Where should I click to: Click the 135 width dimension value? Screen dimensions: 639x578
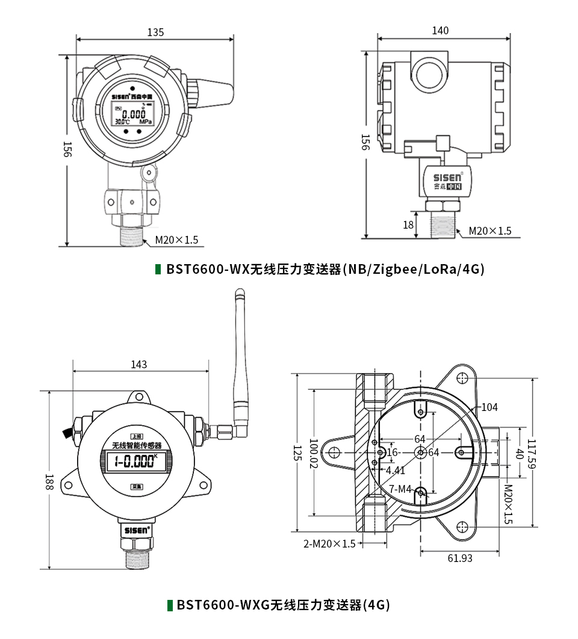(x=155, y=32)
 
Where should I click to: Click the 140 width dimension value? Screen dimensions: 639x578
(x=440, y=31)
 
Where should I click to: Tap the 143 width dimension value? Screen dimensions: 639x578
(x=138, y=365)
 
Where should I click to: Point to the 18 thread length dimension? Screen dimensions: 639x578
(x=408, y=225)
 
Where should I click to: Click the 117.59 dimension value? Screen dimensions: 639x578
(x=531, y=454)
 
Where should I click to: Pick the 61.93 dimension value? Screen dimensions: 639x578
(x=460, y=558)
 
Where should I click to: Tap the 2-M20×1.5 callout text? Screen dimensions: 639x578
(x=329, y=544)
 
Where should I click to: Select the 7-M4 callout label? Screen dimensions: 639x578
(x=400, y=489)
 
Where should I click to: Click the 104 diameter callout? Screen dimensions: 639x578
(x=489, y=407)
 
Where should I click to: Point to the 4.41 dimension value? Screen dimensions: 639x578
(x=395, y=470)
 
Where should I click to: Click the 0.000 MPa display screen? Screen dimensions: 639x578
(x=132, y=114)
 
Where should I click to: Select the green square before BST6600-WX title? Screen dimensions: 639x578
(x=158, y=269)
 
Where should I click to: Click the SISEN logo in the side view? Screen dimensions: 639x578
(x=448, y=177)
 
